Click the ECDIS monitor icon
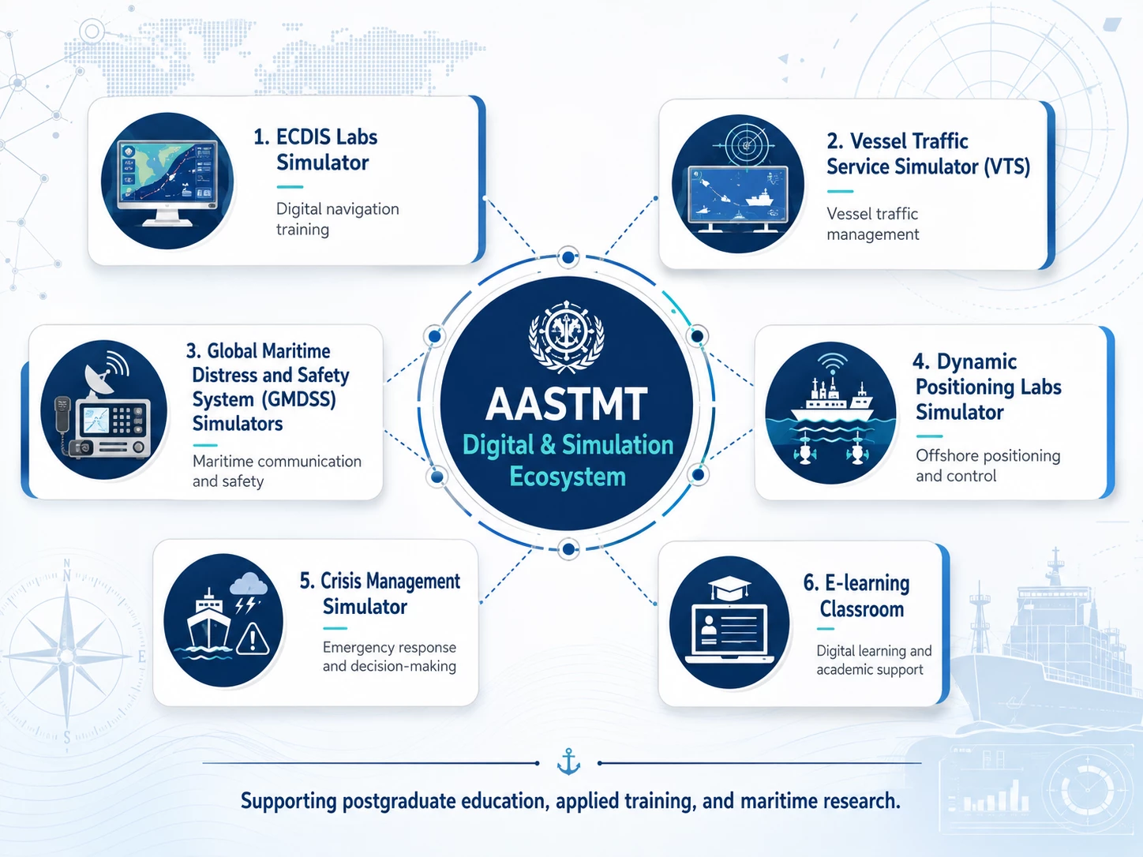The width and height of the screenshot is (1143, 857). point(167,183)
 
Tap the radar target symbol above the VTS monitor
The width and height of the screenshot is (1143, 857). point(746,145)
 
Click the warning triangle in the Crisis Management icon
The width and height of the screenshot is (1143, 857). point(253,638)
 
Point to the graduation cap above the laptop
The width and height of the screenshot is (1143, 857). point(729,588)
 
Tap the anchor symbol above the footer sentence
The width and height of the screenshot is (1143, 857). point(568,762)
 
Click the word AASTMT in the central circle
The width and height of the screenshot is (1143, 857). point(567,404)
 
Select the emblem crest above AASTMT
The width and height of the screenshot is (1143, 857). point(567,335)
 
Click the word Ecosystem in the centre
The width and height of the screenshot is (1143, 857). point(568,477)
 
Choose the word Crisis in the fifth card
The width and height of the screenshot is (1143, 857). point(340,582)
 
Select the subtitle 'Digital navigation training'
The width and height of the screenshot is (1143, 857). point(337,219)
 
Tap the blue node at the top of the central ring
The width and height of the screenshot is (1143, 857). point(568,257)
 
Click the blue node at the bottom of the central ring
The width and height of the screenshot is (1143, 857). point(568,549)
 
